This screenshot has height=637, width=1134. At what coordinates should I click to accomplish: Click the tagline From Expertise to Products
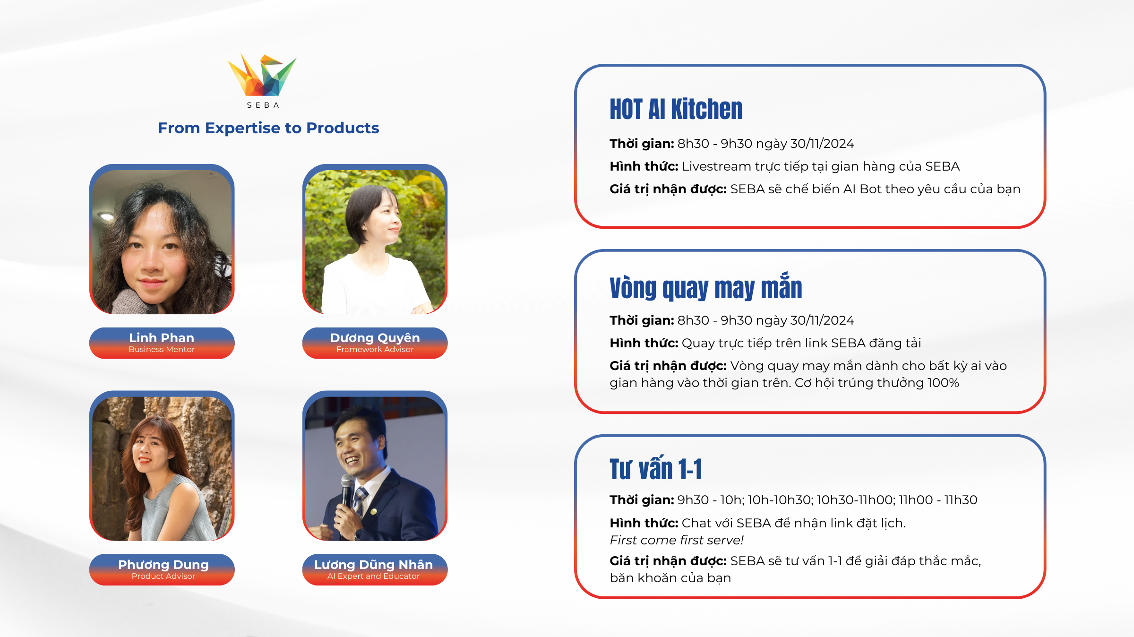pyautogui.click(x=268, y=128)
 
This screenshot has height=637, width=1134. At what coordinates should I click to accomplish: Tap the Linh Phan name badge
pyautogui.click(x=162, y=343)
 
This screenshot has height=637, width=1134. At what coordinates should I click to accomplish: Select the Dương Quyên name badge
pyautogui.click(x=375, y=343)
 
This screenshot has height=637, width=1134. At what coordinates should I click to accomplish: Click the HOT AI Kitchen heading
pyautogui.click(x=676, y=109)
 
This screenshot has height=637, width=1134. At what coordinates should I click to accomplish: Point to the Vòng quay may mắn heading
pyautogui.click(x=706, y=287)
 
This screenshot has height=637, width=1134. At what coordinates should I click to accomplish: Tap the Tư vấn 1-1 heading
pyautogui.click(x=656, y=468)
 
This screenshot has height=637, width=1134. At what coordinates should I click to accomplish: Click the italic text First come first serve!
pyautogui.click(x=677, y=540)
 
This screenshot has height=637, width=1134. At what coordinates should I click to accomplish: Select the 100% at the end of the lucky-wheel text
pyautogui.click(x=943, y=383)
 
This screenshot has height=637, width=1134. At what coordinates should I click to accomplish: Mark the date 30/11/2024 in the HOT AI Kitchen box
pyautogui.click(x=822, y=144)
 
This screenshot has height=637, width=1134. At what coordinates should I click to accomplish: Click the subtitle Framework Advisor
pyautogui.click(x=375, y=350)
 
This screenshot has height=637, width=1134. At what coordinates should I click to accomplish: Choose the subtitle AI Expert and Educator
pyautogui.click(x=374, y=577)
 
